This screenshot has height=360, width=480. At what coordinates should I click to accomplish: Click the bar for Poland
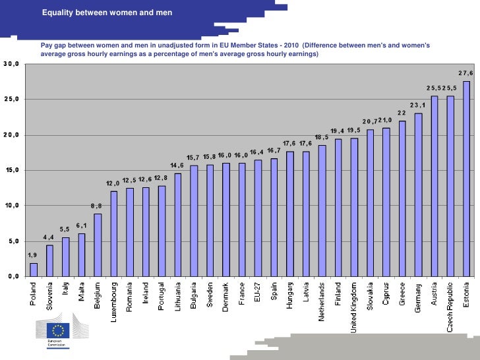(x=34, y=270)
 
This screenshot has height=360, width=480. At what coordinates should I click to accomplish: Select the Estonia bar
(x=467, y=179)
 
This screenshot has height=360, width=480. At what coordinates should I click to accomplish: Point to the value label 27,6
(x=466, y=73)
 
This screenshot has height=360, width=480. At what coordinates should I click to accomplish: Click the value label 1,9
(x=32, y=255)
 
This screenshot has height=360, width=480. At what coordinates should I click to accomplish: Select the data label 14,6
(x=177, y=165)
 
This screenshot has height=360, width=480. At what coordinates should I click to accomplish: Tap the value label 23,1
(x=418, y=105)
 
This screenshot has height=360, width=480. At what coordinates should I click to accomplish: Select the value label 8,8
(x=96, y=206)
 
